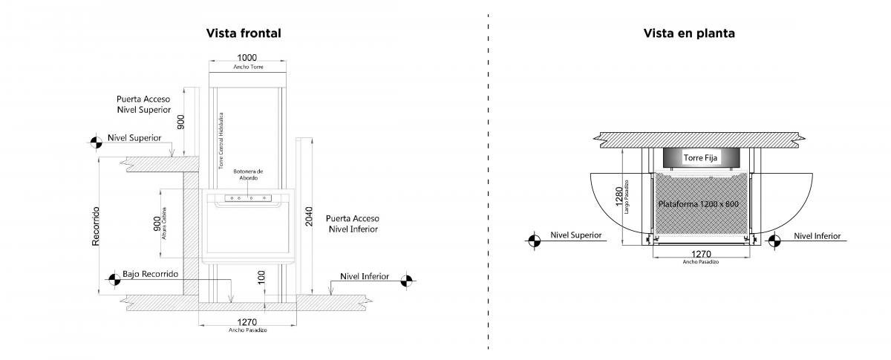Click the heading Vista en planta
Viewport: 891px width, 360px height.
(x=690, y=33)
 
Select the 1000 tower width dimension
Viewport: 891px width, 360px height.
(x=247, y=57)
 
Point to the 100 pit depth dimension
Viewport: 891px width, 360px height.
(x=261, y=278)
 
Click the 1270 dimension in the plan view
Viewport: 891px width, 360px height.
(x=701, y=254)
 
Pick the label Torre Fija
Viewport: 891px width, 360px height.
(x=701, y=157)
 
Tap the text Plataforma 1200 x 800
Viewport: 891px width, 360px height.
(x=699, y=203)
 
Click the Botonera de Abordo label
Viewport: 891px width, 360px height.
(x=247, y=174)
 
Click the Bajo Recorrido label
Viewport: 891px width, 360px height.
(x=151, y=274)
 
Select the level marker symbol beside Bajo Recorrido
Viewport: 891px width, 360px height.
(x=114, y=279)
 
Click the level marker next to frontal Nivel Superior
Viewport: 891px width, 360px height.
(x=96, y=143)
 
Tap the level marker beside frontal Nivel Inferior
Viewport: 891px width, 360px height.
(x=407, y=281)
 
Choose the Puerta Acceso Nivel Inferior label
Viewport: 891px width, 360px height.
(x=353, y=223)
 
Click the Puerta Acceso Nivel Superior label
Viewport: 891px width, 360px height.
(x=148, y=103)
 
